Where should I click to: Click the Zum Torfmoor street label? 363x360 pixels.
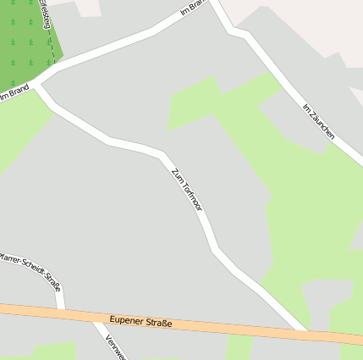187,189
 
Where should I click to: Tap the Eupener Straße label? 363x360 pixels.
140,322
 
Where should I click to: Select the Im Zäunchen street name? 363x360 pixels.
319,121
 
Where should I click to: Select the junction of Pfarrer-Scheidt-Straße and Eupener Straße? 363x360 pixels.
62,313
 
